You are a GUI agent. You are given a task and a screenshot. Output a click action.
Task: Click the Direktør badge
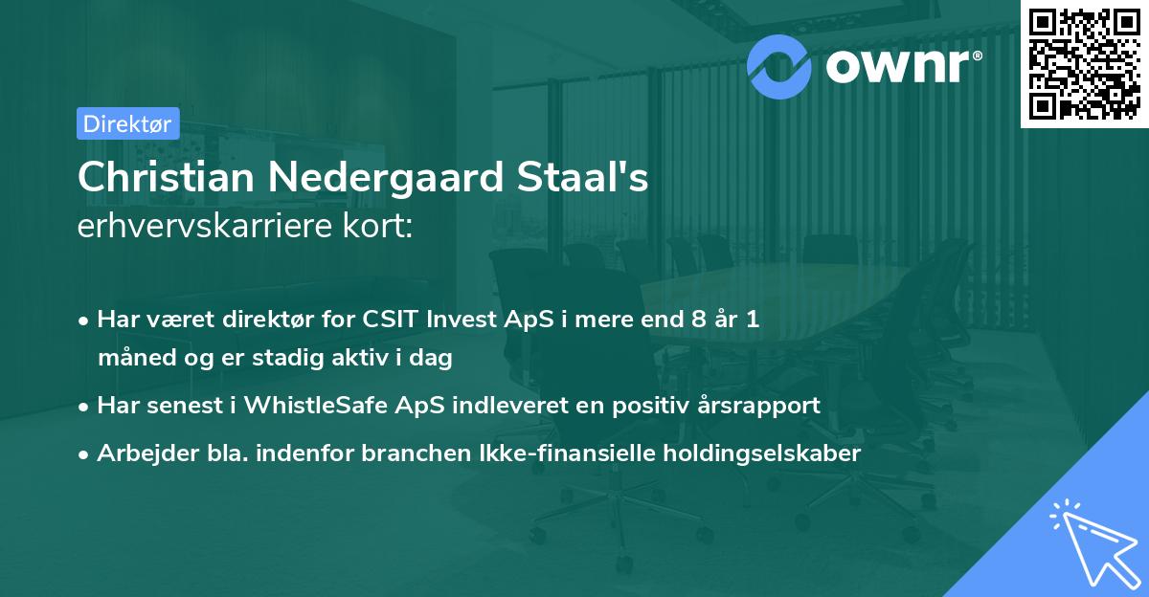pyautogui.click(x=127, y=123)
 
